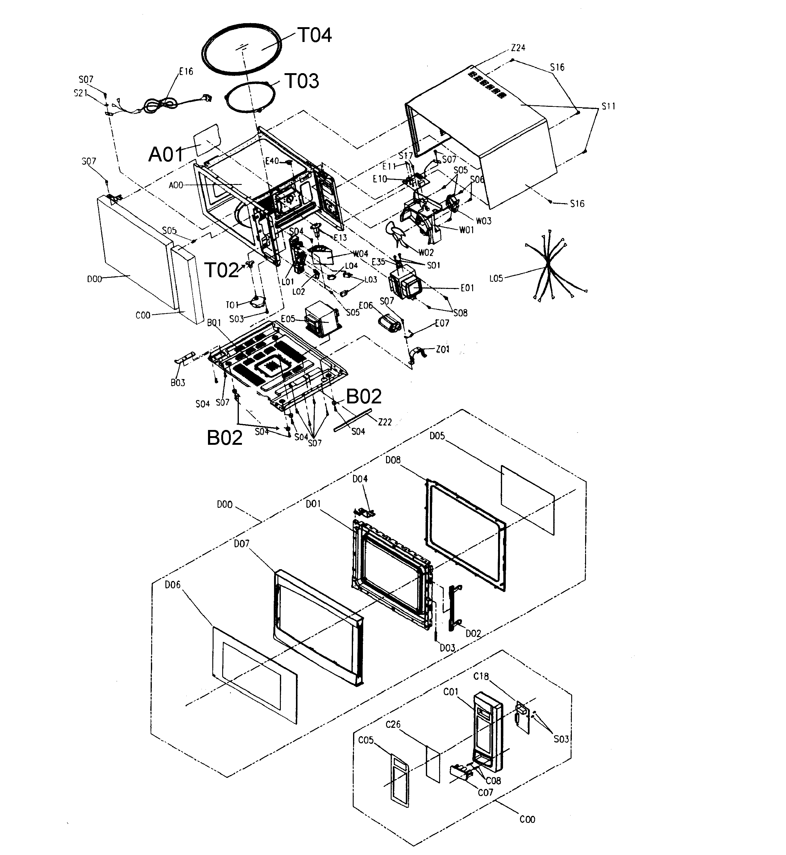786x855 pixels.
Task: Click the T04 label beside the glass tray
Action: pyautogui.click(x=314, y=35)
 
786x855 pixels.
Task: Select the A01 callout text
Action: pyautogui.click(x=166, y=154)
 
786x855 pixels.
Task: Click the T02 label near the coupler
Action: pyautogui.click(x=222, y=270)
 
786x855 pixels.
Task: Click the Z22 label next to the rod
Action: pyautogui.click(x=385, y=422)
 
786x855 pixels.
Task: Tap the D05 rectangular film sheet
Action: pyautogui.click(x=528, y=500)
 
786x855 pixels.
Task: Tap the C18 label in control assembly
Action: pyautogui.click(x=481, y=676)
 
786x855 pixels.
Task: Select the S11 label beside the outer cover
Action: pyautogui.click(x=608, y=106)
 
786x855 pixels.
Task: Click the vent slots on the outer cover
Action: pyautogui.click(x=487, y=85)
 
